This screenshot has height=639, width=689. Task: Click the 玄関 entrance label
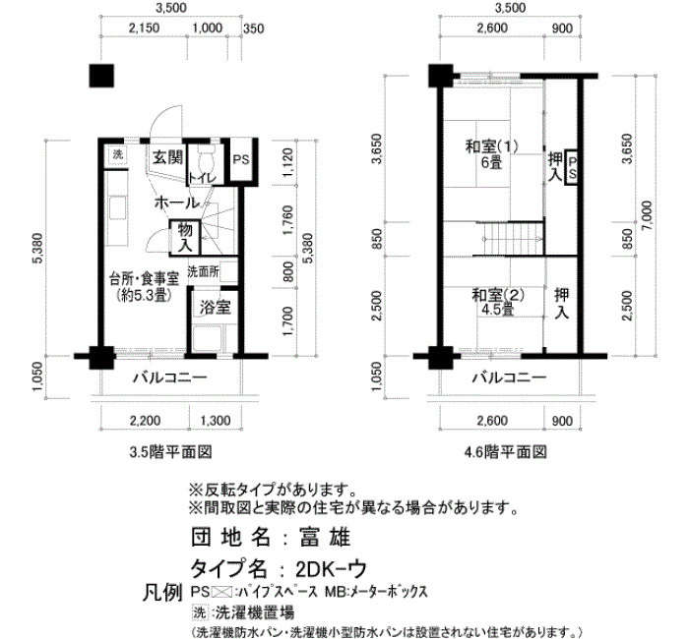pos(168,157)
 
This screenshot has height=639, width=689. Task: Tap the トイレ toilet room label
pos(202,178)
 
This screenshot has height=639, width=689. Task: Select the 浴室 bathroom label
pos(215,307)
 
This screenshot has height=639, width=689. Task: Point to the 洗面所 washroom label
pos(204,272)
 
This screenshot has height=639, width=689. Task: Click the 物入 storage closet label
pos(185,237)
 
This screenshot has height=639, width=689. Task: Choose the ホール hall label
pos(176,203)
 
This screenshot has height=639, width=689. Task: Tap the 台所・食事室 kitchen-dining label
pos(144,287)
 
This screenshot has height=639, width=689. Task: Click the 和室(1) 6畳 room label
pos(492,154)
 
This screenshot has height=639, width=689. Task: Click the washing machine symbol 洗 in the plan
pos(118,154)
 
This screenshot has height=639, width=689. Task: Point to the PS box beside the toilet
pos(241,159)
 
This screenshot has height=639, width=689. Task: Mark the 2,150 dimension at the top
pos(144,29)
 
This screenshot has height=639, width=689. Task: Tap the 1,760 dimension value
pos(287,220)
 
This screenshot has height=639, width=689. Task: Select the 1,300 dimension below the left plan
pos(216,421)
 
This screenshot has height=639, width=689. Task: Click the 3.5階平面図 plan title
pos(170,451)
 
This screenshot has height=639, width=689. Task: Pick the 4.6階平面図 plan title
pos(505,451)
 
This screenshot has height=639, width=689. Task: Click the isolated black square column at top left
pos(101,76)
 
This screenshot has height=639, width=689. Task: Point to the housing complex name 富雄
pos(325,537)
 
